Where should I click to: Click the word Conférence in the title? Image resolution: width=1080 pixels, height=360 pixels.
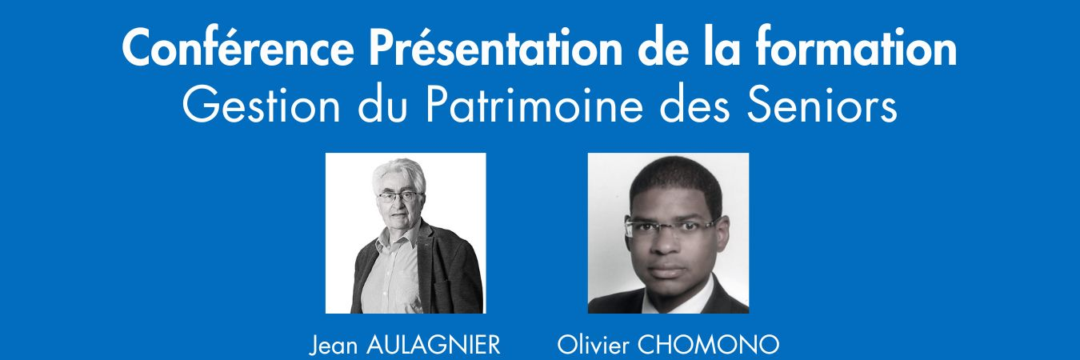coord(238,48)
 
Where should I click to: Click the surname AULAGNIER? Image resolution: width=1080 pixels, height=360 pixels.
coord(433,345)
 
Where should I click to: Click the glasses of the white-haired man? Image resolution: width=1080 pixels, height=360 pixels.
coord(399,197)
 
